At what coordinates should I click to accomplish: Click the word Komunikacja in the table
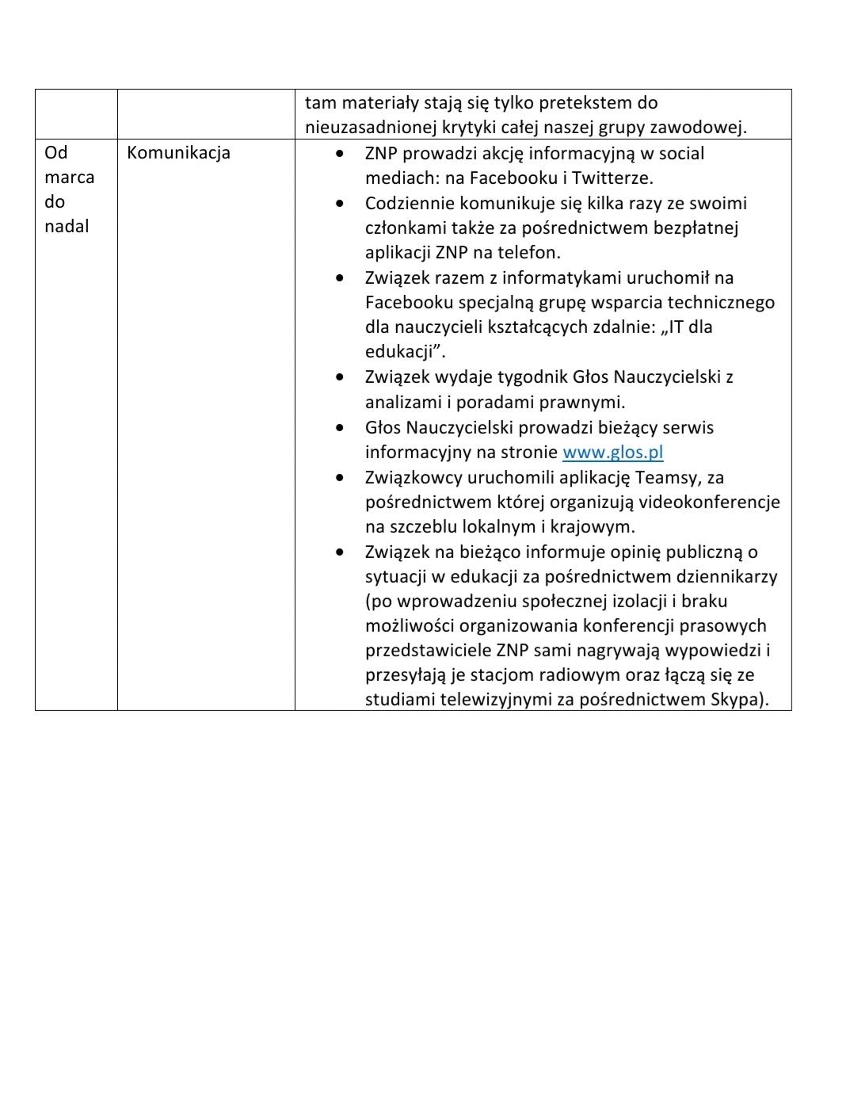tap(178, 153)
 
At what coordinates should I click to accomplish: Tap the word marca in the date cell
tap(69, 178)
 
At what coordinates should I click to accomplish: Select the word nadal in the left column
tap(67, 227)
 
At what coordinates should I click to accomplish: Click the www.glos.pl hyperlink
tap(612, 453)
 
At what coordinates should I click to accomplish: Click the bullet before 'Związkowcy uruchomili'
tap(340, 478)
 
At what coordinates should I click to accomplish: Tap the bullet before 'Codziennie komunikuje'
tap(340, 204)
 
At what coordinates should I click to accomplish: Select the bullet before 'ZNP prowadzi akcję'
tap(340, 154)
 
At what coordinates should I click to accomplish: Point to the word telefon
tap(531, 253)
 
